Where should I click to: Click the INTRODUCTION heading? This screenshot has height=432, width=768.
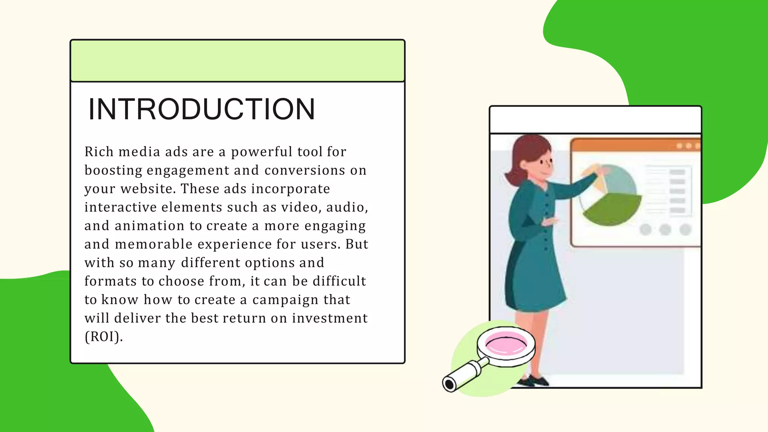click(x=201, y=109)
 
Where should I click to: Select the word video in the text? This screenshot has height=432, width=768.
click(x=300, y=207)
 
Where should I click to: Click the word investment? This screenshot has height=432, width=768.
click(x=330, y=318)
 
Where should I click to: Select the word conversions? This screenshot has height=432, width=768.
click(x=304, y=170)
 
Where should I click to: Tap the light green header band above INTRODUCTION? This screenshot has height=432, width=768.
click(x=237, y=61)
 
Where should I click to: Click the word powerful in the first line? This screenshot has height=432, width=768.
click(x=261, y=151)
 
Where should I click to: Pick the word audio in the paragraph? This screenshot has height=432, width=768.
click(x=345, y=207)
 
